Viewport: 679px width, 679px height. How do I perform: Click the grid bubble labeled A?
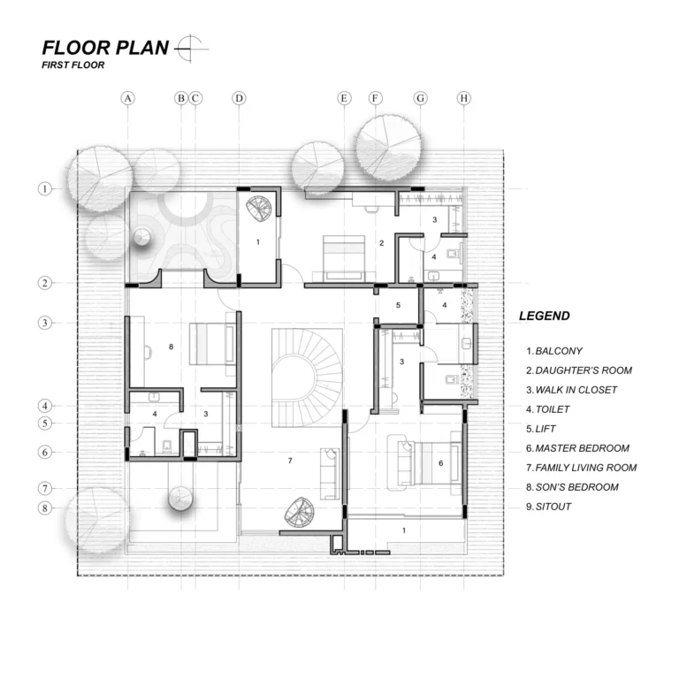tap(127, 98)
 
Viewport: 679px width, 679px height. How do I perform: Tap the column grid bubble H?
tap(464, 98)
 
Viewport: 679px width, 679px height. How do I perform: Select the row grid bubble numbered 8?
tap(44, 507)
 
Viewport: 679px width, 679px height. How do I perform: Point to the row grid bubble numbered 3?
tap(44, 323)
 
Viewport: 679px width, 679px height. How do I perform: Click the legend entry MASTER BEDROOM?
tap(577, 448)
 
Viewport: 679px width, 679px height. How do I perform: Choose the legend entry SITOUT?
tap(549, 507)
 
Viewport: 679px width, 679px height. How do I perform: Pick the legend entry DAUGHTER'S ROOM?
tap(579, 370)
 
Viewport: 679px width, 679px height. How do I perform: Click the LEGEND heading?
tap(545, 316)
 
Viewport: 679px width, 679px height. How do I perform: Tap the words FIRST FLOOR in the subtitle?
tap(72, 65)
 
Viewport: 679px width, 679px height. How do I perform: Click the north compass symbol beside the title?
tap(191, 49)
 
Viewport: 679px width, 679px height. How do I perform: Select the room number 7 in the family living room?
tap(290, 461)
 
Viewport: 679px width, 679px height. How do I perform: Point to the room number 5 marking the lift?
tap(399, 305)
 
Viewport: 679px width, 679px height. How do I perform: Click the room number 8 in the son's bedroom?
tap(171, 347)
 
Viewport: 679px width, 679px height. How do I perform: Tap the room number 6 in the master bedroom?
tap(441, 463)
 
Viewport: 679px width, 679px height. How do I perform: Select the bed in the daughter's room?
tap(344, 258)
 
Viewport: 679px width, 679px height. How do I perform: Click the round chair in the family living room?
tap(299, 513)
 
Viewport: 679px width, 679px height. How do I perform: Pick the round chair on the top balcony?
tap(258, 209)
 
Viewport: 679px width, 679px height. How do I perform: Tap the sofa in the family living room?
tap(330, 474)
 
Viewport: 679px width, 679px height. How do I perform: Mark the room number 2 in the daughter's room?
tap(382, 243)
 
